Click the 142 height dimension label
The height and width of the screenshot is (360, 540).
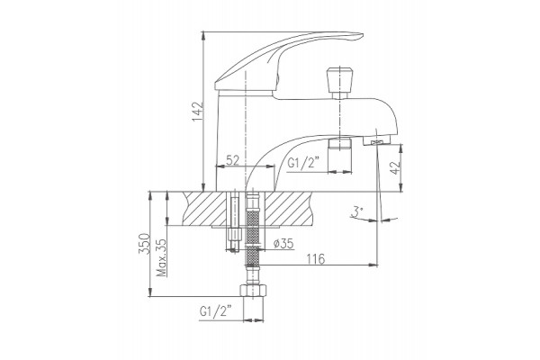click(x=198, y=112)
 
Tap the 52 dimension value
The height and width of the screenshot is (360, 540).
click(x=233, y=160)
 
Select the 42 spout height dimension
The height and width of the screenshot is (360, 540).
click(x=396, y=167)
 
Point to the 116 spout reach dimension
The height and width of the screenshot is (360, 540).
click(x=316, y=258)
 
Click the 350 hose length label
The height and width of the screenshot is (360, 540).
click(x=144, y=244)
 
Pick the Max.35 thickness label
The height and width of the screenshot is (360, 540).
click(x=161, y=257)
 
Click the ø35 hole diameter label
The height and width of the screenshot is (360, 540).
click(x=283, y=244)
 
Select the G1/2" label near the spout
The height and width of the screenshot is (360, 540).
click(x=303, y=163)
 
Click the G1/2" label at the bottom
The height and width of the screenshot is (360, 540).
click(x=215, y=311)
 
